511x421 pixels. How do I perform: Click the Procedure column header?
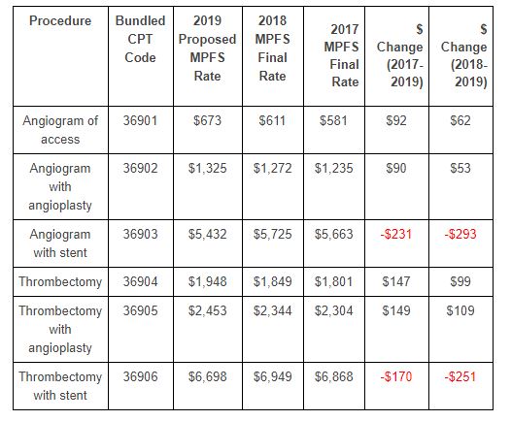(60, 20)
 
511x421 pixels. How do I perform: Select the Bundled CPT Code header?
(140, 39)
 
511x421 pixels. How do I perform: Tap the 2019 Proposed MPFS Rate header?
(207, 49)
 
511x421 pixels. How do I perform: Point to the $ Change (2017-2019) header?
(400, 55)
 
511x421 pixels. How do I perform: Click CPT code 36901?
(140, 120)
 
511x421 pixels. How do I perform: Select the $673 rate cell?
(207, 120)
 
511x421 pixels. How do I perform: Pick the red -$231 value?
(396, 234)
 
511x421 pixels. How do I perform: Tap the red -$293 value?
(460, 234)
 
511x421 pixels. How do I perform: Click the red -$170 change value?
(396, 376)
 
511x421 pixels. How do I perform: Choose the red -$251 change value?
(460, 376)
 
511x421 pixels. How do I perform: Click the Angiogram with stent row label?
(60, 243)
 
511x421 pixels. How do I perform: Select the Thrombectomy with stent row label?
(60, 386)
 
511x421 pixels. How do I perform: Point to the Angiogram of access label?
(60, 130)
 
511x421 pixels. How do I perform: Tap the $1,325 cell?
(207, 168)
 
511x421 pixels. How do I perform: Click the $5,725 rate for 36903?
(272, 234)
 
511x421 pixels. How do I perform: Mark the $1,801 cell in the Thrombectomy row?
(333, 281)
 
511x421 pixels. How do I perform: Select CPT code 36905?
(140, 310)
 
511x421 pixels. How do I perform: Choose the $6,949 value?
(272, 376)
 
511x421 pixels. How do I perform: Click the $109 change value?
(460, 310)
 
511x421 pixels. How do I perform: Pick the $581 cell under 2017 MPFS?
(333, 120)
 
